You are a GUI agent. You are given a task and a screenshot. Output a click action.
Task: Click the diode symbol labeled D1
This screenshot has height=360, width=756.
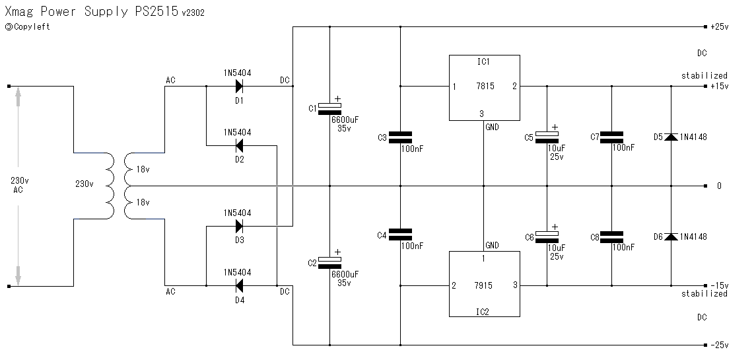point(239,86)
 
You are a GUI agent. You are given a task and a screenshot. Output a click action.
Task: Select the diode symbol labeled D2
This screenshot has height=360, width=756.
point(239,145)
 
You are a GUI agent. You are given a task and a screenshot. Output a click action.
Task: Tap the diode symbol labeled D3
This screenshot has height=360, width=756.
point(239,226)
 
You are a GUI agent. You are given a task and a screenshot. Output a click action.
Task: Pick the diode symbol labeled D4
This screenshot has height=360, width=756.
point(239,285)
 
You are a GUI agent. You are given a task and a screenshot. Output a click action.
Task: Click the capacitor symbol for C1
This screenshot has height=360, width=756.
point(329,108)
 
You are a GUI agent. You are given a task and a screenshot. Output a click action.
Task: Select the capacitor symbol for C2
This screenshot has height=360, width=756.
point(329,262)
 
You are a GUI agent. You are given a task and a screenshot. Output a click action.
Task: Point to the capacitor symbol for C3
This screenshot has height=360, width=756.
point(400,137)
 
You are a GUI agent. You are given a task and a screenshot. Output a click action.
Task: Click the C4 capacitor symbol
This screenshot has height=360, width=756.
point(400,234)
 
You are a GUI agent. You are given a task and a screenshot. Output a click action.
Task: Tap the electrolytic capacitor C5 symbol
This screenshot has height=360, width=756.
point(547,137)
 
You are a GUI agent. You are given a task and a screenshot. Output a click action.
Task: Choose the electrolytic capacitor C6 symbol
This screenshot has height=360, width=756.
point(547,236)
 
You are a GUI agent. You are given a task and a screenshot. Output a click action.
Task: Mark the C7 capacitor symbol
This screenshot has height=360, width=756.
point(611,137)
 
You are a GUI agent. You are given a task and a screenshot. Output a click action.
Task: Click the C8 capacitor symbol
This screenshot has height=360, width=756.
point(611,236)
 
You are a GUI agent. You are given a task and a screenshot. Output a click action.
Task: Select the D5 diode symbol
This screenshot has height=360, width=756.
point(671,137)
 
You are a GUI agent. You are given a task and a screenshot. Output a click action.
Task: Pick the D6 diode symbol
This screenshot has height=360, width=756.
point(671,236)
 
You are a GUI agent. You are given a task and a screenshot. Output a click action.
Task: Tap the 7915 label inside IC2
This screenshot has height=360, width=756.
point(484,286)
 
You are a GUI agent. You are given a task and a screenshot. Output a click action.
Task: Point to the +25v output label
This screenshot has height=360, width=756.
point(718,27)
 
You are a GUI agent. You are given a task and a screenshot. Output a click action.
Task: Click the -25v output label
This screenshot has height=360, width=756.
point(718,345)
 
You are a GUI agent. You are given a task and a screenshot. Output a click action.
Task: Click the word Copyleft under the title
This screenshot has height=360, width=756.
point(31,27)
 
